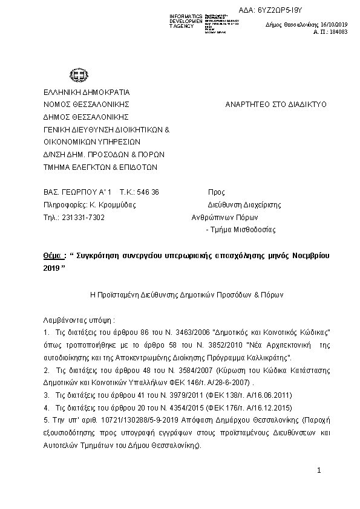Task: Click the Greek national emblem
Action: pos(77,76)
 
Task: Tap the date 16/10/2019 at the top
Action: pos(330,25)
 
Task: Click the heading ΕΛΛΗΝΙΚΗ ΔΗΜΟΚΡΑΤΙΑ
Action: pos(87,92)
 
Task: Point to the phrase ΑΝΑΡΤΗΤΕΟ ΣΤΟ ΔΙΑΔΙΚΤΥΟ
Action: pos(275,104)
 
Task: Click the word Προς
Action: pos(216,192)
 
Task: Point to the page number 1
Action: pos(319,470)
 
